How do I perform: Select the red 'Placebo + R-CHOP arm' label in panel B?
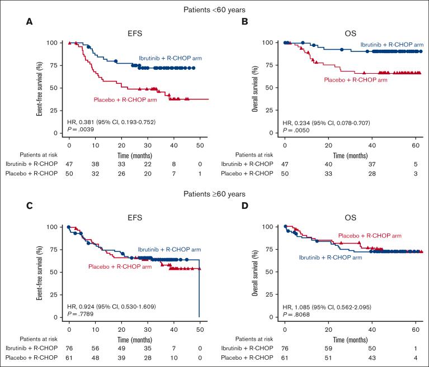(x=356, y=80)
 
